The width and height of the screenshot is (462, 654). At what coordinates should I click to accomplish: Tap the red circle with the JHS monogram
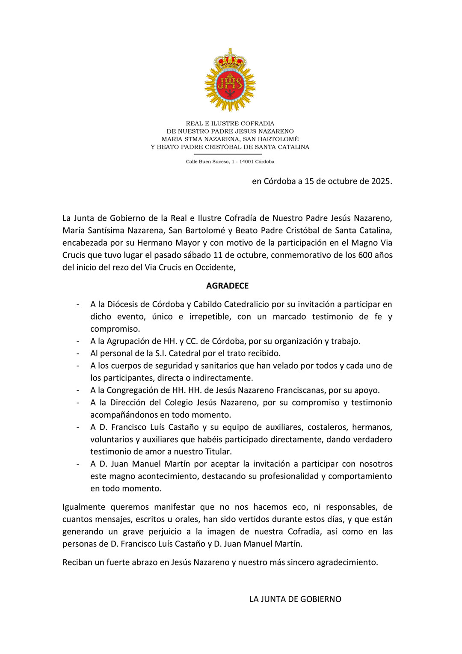coord(230,84)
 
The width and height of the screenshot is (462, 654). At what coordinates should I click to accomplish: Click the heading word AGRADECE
coord(227,286)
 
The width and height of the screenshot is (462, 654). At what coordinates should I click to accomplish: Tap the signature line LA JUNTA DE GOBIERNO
coord(295,599)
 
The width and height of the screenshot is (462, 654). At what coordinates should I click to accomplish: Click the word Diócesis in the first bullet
coord(128,304)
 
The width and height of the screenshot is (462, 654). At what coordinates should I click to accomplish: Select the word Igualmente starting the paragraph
coord(84,507)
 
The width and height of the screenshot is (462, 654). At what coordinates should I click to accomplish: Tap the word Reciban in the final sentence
coord(77,562)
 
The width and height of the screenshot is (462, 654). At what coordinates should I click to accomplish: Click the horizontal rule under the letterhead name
coord(227,154)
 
